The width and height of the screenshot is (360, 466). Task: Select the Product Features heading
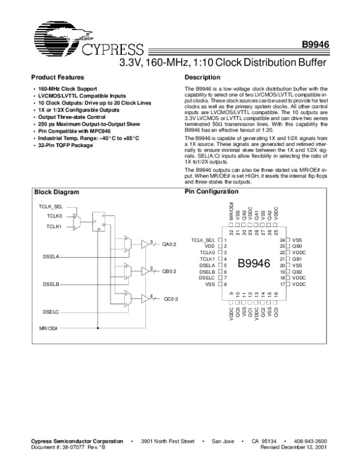click(x=57, y=77)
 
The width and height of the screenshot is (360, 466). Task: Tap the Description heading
click(x=203, y=77)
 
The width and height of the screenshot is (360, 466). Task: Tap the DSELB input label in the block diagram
click(x=51, y=283)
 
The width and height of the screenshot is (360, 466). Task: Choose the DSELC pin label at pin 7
click(x=207, y=277)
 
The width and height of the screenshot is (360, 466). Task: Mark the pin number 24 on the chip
click(x=281, y=240)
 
